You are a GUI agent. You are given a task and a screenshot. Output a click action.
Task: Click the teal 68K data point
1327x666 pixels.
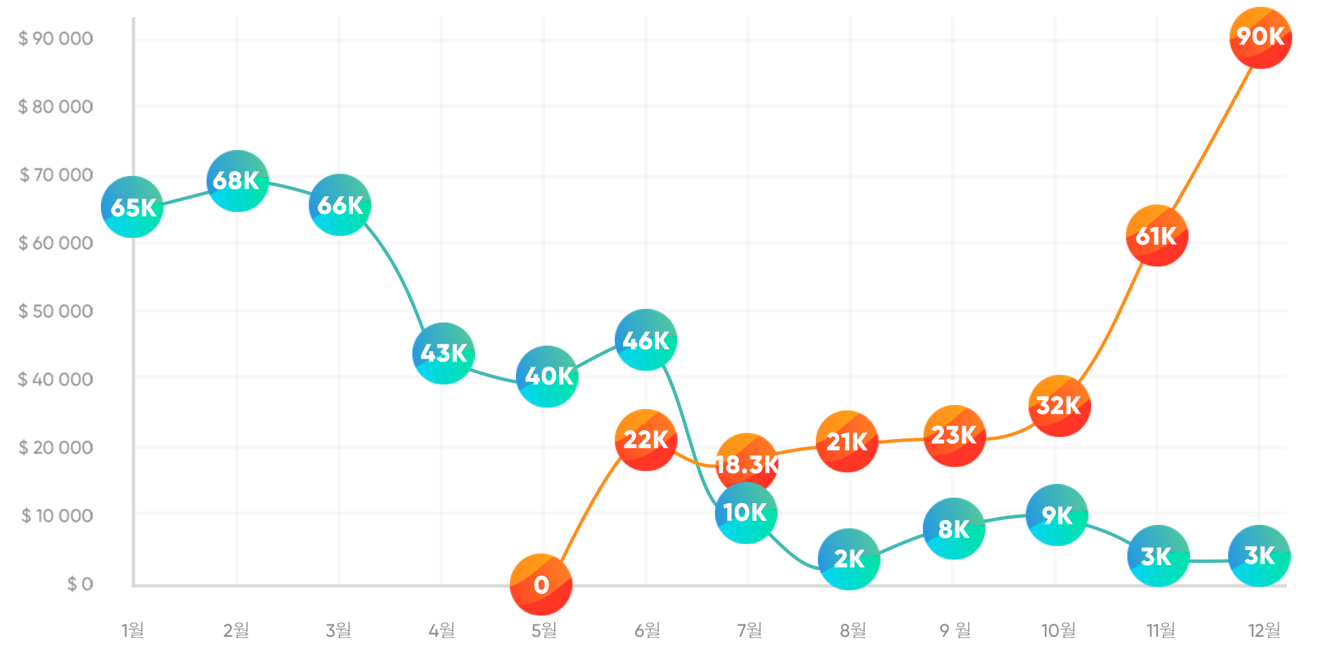point(237,181)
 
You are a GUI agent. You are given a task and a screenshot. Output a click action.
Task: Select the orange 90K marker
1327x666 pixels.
point(1260,37)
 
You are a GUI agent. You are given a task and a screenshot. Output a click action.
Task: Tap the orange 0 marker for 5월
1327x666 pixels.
point(541,585)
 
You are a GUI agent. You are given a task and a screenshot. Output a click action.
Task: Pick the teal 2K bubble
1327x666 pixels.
point(849,559)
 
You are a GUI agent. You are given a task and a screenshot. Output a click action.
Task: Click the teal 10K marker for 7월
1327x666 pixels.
point(746,513)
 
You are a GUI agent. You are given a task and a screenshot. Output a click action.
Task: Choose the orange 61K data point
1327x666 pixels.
point(1157,236)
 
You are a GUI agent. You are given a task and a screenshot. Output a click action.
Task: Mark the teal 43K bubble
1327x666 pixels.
point(443,353)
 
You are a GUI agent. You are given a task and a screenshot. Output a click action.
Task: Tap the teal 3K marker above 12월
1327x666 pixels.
point(1259,556)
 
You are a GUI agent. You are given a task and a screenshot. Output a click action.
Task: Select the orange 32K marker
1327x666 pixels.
point(1058,406)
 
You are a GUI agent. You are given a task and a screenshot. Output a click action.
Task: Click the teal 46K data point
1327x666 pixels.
point(645,340)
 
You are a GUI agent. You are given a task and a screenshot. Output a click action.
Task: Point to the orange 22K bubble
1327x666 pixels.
point(645,440)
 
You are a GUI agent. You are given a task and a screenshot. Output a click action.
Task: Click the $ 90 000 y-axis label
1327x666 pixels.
point(56,39)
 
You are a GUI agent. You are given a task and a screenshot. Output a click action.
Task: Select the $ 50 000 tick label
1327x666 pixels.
point(56,312)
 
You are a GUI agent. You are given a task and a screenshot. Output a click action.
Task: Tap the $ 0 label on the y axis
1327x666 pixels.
point(80,584)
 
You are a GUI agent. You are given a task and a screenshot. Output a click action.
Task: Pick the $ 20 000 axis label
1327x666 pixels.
point(56,448)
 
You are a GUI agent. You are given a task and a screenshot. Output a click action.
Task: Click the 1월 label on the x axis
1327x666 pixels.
point(133,631)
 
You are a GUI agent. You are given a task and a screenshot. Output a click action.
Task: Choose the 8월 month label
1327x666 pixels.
point(853,631)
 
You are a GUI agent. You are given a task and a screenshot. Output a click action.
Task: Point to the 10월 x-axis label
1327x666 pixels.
point(1058,631)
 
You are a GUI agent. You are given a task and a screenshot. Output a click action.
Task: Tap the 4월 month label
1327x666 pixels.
point(442,631)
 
